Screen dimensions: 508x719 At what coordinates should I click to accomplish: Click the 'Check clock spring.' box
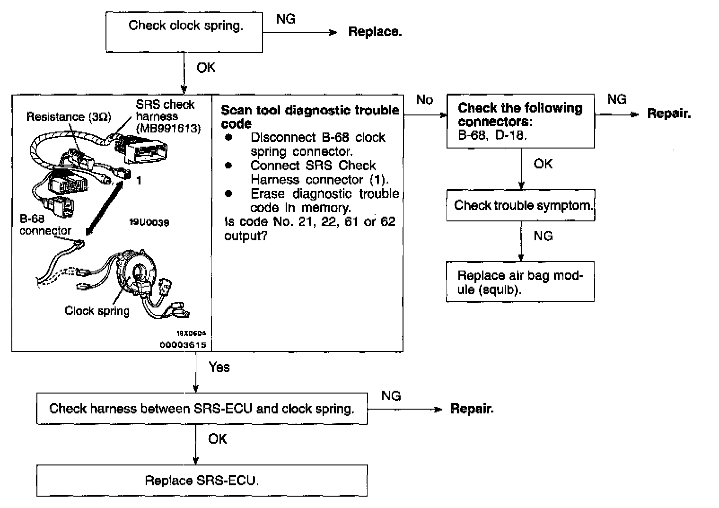coord(184,32)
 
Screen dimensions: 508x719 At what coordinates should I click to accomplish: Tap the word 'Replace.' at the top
coord(375,32)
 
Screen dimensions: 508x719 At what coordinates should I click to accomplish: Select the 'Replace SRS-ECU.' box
coord(202,481)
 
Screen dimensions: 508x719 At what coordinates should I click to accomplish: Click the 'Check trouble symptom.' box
coord(520,205)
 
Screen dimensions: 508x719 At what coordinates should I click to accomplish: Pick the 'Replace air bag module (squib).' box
coord(520,282)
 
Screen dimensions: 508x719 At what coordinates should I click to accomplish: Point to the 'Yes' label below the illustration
coord(219,367)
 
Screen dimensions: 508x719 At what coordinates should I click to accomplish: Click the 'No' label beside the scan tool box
coord(424,100)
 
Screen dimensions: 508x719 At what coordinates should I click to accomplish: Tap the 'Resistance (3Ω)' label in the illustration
coord(69,117)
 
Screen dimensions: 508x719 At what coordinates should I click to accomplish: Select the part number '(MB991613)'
coord(168,128)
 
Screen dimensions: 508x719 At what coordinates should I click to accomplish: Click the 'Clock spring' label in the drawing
coord(97,311)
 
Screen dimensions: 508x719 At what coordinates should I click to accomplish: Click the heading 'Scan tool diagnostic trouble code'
coord(310,116)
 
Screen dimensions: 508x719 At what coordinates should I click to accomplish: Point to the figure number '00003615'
coord(183,345)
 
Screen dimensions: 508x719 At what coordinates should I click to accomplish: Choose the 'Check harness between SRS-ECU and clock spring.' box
coord(202,409)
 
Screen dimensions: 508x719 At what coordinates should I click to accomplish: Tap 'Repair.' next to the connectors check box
coord(669,114)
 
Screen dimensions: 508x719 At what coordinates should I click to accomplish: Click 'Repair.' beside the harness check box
coord(472,409)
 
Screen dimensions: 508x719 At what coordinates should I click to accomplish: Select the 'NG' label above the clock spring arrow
coord(286,19)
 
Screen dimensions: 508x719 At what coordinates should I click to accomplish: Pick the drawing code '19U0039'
coord(149,222)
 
